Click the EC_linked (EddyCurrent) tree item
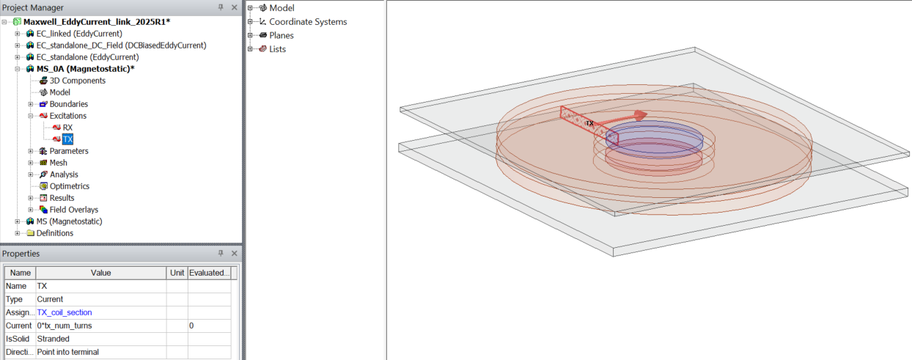coord(78,34)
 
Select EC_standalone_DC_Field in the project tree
coord(121,45)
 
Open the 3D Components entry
coord(77,81)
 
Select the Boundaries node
coord(68,104)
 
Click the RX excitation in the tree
coord(67,128)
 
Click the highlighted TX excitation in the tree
coord(68,139)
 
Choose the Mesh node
coord(58,163)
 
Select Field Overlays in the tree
coord(73,210)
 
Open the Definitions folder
coord(54,233)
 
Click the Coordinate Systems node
coord(308,22)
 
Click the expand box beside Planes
coord(250,35)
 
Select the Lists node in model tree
coord(277,49)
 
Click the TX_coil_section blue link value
coord(65,312)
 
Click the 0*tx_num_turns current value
coord(65,326)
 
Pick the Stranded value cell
coord(54,339)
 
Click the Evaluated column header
coord(209,273)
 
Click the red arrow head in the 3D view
coord(640,114)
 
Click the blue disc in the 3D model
coord(654,136)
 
